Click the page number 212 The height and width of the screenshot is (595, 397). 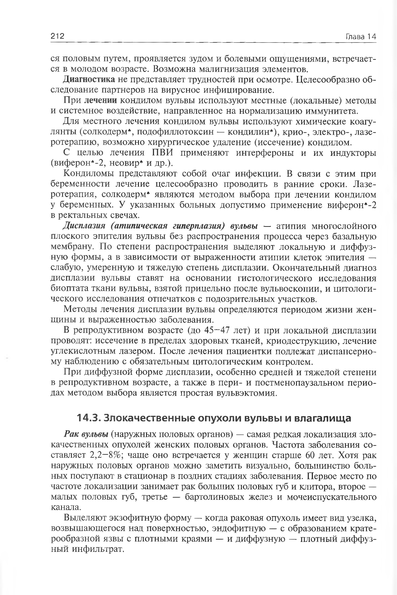58,36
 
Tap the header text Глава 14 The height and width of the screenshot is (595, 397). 361,36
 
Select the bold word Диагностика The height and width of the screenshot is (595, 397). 89,79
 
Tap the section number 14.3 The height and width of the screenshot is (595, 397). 88,418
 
